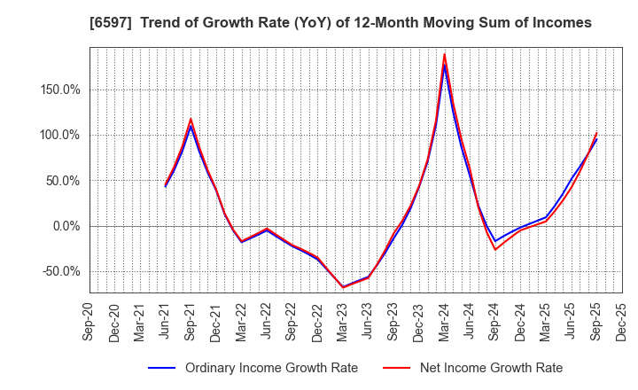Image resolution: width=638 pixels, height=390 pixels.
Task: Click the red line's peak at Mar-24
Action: point(444,54)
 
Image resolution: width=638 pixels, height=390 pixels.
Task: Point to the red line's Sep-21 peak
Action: point(191,119)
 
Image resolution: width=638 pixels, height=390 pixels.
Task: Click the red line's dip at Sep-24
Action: point(495,249)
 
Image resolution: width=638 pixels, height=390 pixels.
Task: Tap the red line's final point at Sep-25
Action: point(596,134)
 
